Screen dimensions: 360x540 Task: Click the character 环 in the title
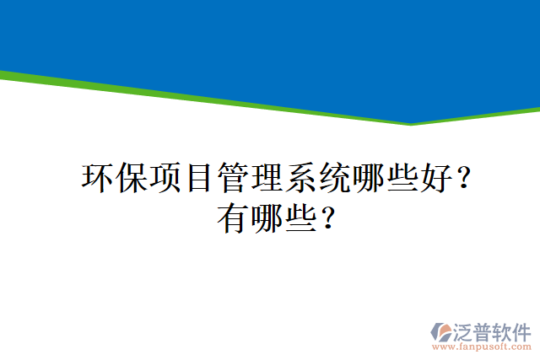(98, 178)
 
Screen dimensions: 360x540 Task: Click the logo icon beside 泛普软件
(440, 330)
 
